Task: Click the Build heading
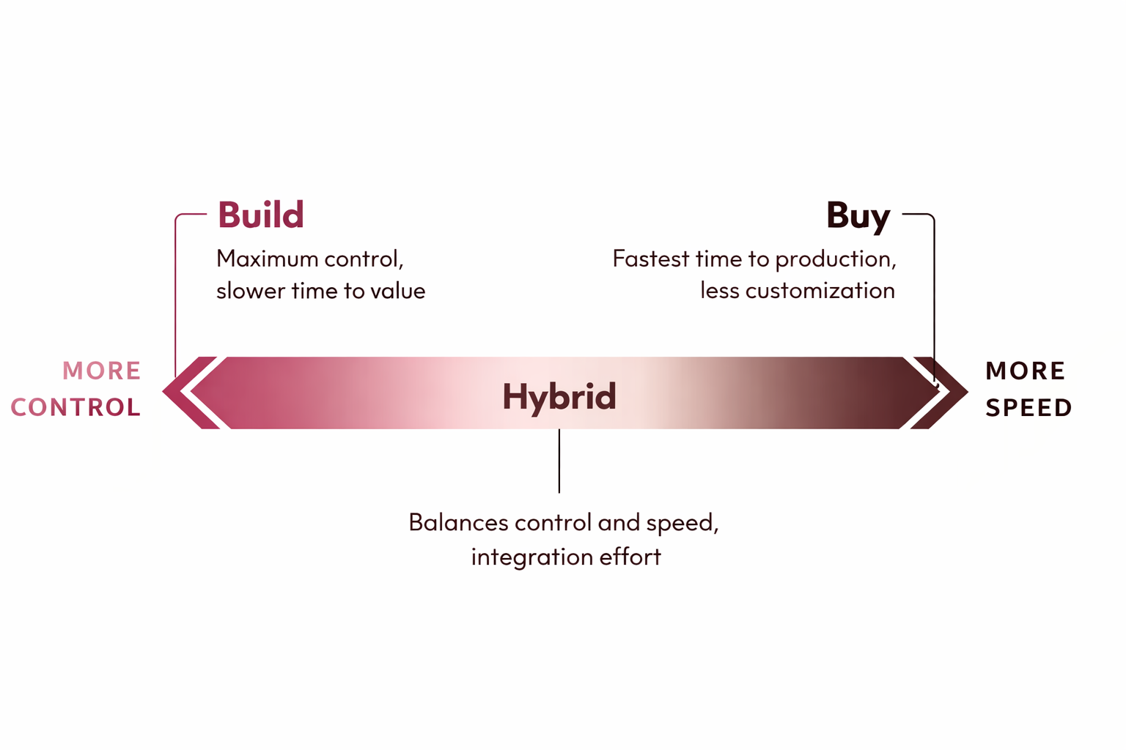(x=261, y=215)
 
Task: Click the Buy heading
(x=858, y=217)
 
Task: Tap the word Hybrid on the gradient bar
(x=559, y=398)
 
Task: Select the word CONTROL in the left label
(x=76, y=407)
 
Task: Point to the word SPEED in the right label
(x=1029, y=407)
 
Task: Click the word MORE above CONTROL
(x=102, y=371)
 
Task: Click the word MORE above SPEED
(x=1026, y=371)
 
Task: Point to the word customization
(x=820, y=291)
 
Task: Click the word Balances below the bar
(x=458, y=522)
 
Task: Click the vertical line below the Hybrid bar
(x=559, y=461)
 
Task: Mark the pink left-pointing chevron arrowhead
(x=191, y=393)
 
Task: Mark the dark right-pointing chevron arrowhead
(x=940, y=393)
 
